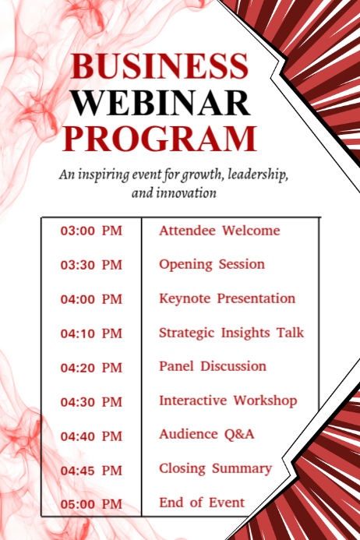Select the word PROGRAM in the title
point(160,138)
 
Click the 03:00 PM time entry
point(92,231)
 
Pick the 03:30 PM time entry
point(92,265)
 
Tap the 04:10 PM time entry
point(92,334)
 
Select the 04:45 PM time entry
point(92,471)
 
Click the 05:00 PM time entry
point(92,504)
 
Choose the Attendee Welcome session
point(219,231)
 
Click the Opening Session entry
point(212,264)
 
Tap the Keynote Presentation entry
point(227,298)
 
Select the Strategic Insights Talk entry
point(231,333)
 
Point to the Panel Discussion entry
point(213,366)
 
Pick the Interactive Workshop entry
point(228,401)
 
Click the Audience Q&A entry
point(206,434)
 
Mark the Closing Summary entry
point(215,468)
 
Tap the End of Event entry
point(202,503)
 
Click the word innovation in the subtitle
point(194,192)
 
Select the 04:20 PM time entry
point(92,368)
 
